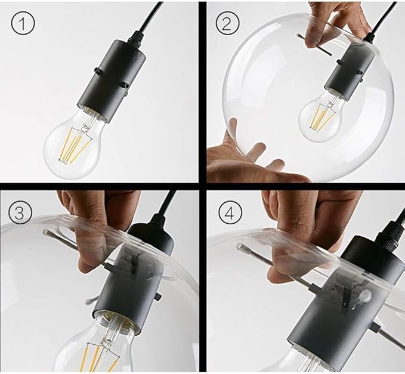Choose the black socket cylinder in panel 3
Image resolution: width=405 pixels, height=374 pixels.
click(125, 280)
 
